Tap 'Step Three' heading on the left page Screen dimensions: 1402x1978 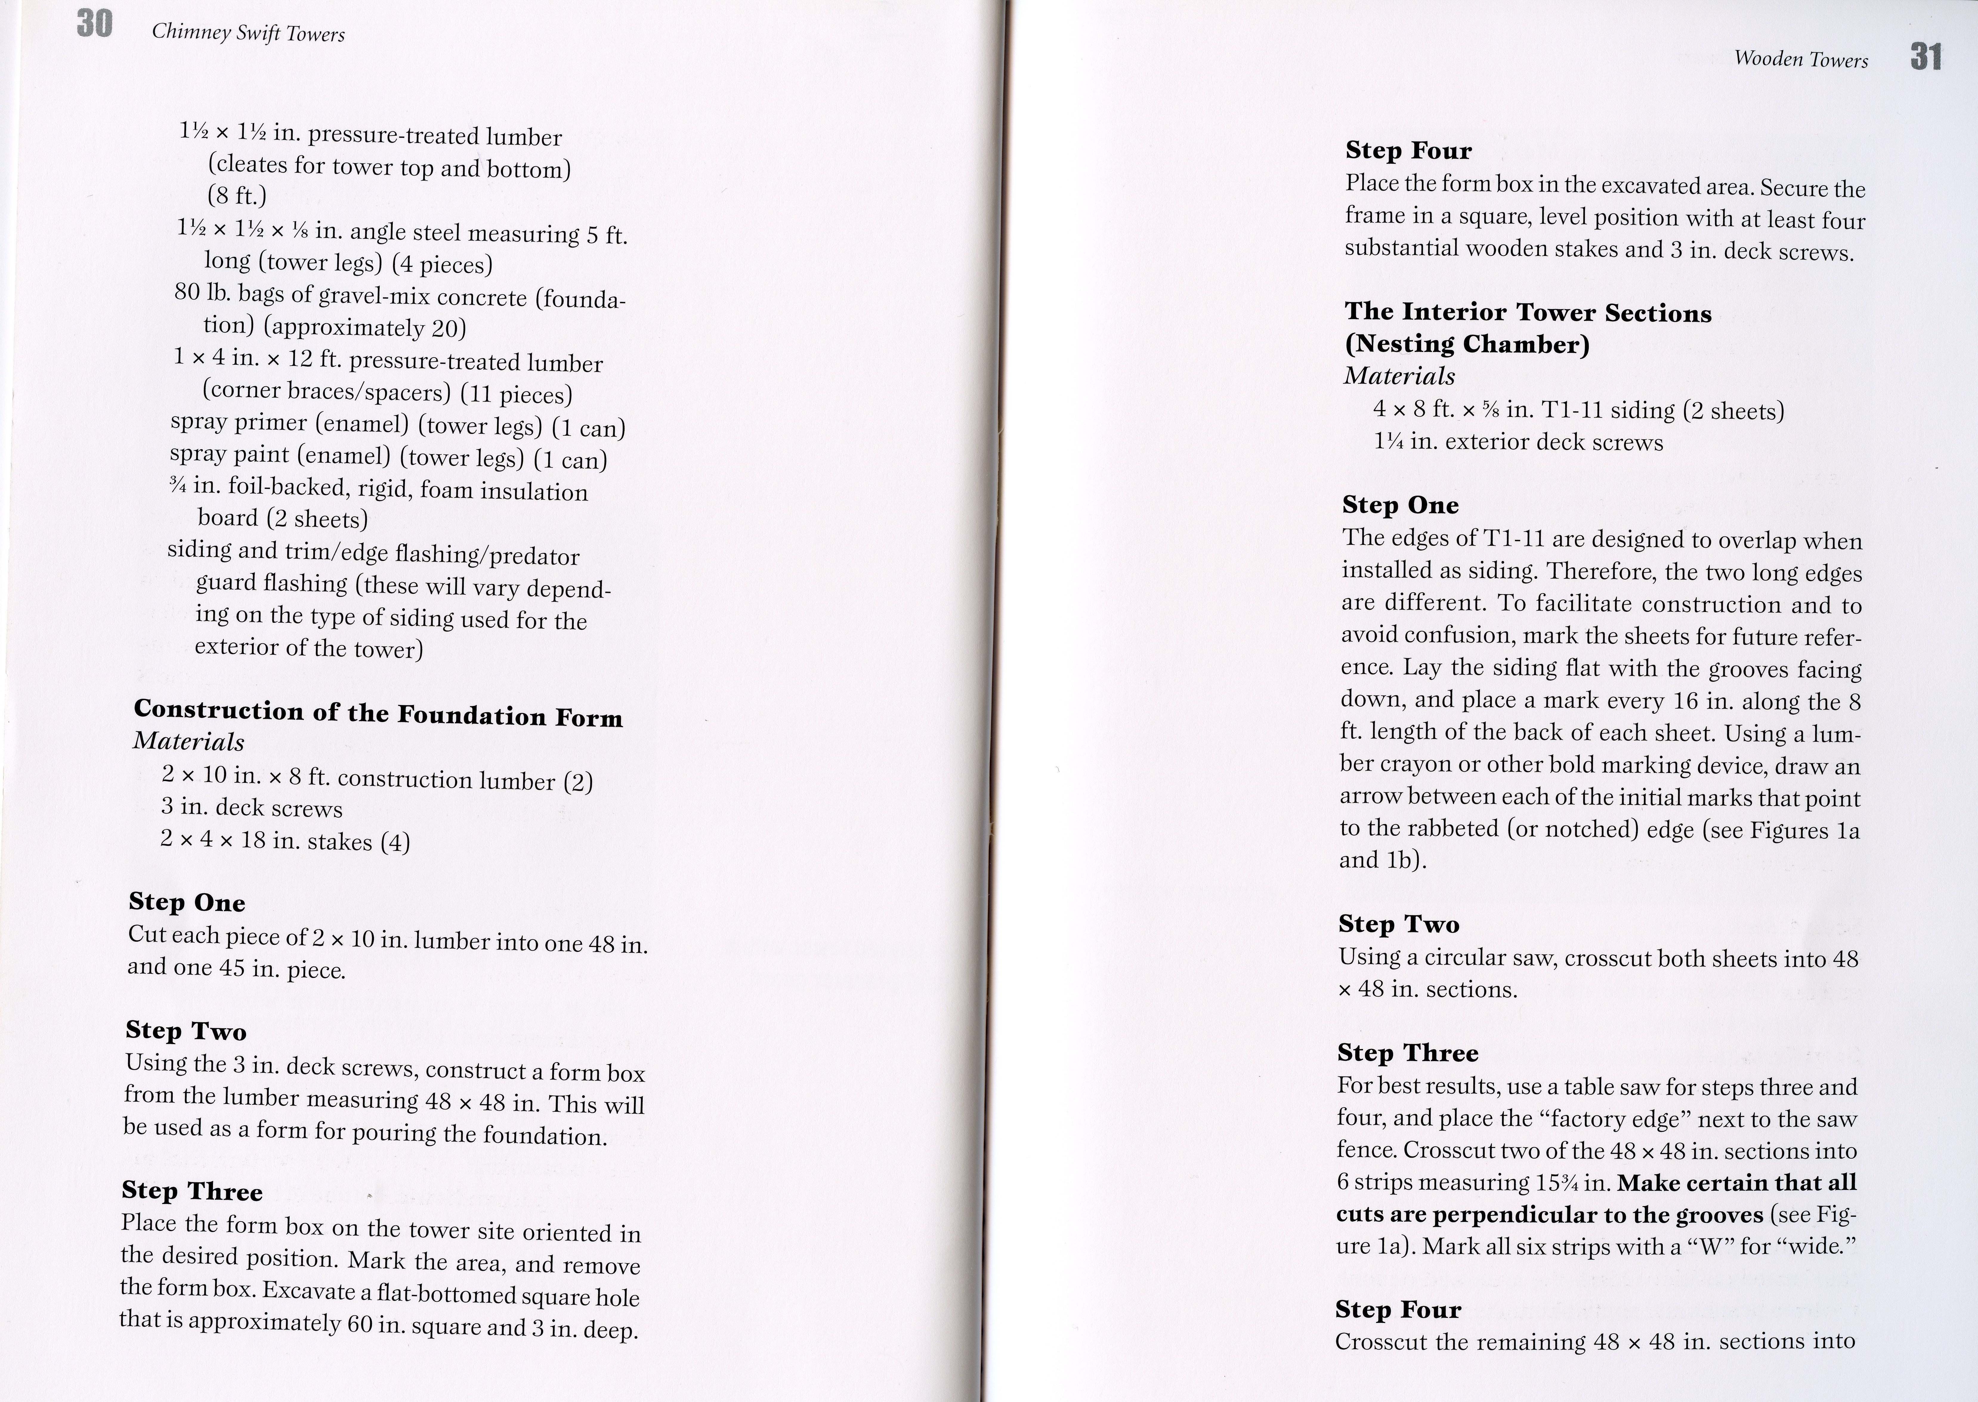coord(192,1191)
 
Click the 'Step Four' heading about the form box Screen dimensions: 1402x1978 coord(1408,150)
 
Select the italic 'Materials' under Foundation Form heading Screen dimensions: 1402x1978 coord(188,742)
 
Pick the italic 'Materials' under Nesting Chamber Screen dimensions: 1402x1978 coord(1399,376)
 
